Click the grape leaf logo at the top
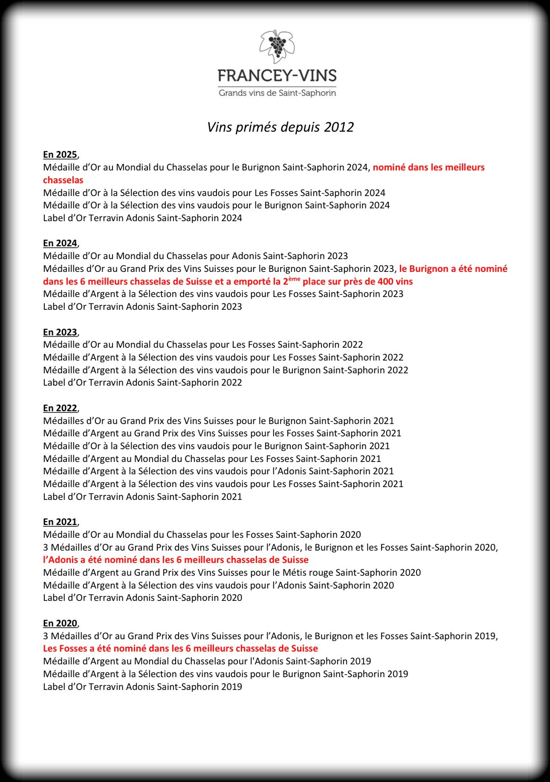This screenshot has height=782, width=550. [277, 46]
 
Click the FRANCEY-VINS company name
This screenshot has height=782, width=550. [277, 76]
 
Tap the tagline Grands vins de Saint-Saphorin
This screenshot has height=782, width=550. [277, 93]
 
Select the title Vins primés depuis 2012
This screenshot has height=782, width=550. [280, 127]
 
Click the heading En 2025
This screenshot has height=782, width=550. [60, 155]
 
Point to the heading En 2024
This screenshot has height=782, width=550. [60, 243]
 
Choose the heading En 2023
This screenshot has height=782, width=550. [60, 332]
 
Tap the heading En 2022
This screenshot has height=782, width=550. [60, 408]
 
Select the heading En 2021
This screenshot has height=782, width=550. [60, 522]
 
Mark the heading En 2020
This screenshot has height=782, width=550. [60, 623]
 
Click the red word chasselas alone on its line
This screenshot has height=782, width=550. [63, 180]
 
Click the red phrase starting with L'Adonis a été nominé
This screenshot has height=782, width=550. [176, 560]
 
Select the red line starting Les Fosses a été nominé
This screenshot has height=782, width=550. [180, 649]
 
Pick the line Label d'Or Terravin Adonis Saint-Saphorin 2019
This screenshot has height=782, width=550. [142, 687]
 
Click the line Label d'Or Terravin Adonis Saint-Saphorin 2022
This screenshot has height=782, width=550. [142, 383]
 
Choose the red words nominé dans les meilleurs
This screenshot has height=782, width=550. [428, 167]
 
